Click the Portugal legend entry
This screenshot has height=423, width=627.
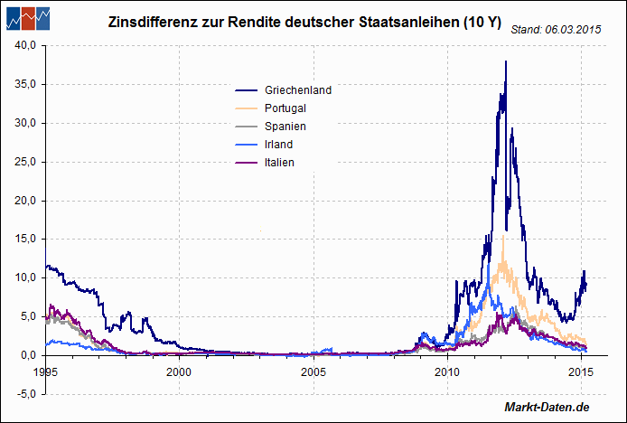(x=285, y=108)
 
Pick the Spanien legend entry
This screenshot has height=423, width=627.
(x=285, y=127)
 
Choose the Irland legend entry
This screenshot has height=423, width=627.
(x=279, y=145)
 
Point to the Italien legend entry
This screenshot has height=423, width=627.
(x=279, y=163)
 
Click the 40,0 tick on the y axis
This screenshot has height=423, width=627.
(x=24, y=45)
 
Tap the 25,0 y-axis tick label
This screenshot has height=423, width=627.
(x=24, y=162)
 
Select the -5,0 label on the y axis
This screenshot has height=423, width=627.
(x=24, y=394)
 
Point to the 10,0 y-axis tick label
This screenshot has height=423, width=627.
(x=24, y=277)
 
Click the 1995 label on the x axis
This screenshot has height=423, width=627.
(x=46, y=371)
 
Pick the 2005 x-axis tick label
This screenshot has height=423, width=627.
(x=313, y=371)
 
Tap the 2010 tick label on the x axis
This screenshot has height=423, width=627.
(x=446, y=371)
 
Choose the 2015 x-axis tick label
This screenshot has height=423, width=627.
(x=580, y=371)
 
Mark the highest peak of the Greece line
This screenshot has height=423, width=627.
(x=506, y=61)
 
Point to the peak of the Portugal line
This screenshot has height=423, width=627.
(x=502, y=236)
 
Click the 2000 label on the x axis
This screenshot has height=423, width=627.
(x=179, y=371)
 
